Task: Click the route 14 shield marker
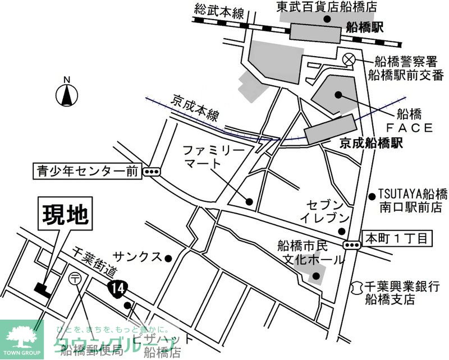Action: [116, 288]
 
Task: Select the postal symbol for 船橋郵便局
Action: [74, 277]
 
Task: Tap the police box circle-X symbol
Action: [349, 58]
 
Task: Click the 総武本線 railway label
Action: [219, 11]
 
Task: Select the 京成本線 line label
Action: [195, 113]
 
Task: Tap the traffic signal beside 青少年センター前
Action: [151, 172]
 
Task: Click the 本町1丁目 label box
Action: [396, 238]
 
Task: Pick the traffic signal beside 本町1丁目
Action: [352, 244]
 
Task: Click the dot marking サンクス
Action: [167, 258]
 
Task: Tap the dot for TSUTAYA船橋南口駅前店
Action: [371, 196]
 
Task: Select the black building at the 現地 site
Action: [43, 288]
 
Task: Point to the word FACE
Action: [409, 128]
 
